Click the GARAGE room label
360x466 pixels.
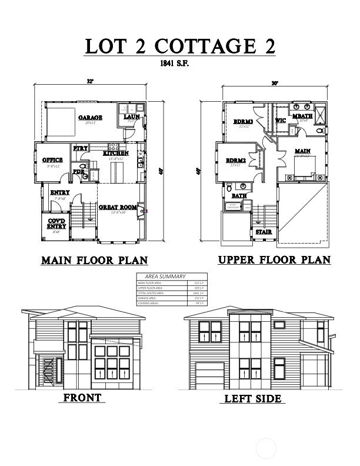pyautogui.click(x=90, y=118)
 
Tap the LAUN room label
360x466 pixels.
pyautogui.click(x=131, y=117)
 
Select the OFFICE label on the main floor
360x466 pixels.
pyautogui.click(x=52, y=160)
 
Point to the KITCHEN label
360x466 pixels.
pyautogui.click(x=116, y=153)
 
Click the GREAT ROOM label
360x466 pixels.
pyautogui.click(x=118, y=207)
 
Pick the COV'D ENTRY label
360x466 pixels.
pyautogui.click(x=56, y=224)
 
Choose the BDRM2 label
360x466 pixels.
pyautogui.click(x=235, y=160)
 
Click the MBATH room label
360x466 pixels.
pyautogui.click(x=302, y=116)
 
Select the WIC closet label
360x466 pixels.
pyautogui.click(x=281, y=121)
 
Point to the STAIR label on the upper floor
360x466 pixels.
pyautogui.click(x=263, y=232)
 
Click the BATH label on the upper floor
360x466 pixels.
pyautogui.click(x=239, y=196)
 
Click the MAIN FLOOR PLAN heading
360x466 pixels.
pyautogui.click(x=94, y=260)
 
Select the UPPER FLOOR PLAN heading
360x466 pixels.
pyautogui.click(x=274, y=259)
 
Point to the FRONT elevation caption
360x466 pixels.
pyautogui.click(x=82, y=398)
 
